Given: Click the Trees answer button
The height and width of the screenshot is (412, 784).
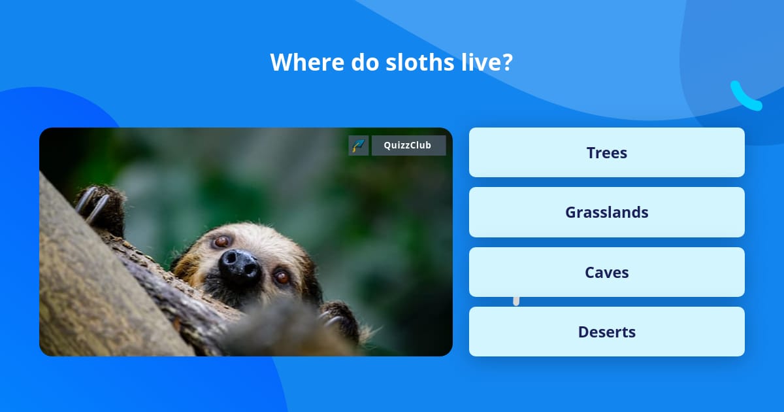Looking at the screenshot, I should pyautogui.click(x=606, y=152).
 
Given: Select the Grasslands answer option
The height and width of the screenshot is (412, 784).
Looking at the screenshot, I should pyautogui.click(x=606, y=213).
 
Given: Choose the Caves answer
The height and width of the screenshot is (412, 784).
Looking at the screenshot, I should pyautogui.click(x=606, y=272).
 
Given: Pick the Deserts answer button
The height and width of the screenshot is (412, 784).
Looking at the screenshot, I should pyautogui.click(x=606, y=332).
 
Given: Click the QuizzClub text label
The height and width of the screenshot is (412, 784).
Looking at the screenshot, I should pyautogui.click(x=408, y=145).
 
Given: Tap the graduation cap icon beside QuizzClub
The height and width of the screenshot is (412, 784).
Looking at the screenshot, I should pyautogui.click(x=359, y=145).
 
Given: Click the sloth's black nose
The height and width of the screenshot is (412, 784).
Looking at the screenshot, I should pyautogui.click(x=239, y=265).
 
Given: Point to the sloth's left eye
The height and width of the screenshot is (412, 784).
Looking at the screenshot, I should pyautogui.click(x=222, y=241).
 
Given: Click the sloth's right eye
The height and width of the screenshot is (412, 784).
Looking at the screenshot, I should pyautogui.click(x=282, y=277).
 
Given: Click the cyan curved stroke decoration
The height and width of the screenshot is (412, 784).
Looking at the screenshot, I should pyautogui.click(x=745, y=97).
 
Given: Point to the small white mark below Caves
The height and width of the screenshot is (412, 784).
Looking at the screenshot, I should pyautogui.click(x=516, y=301).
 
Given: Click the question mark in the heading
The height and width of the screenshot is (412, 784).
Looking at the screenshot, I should pyautogui.click(x=507, y=62).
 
